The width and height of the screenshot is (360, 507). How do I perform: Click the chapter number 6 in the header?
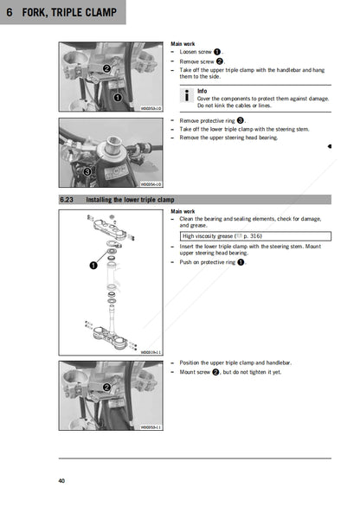click(10, 13)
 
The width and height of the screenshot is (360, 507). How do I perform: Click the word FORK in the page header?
click(39, 13)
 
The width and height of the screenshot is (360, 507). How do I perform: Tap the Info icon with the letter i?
click(188, 94)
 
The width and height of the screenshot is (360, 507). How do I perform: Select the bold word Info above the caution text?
click(202, 90)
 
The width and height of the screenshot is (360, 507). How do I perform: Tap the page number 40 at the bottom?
click(61, 480)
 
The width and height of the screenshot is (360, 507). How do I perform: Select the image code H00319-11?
click(151, 352)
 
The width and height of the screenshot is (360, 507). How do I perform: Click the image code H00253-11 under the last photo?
click(151, 427)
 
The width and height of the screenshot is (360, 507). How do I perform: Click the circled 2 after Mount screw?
click(215, 372)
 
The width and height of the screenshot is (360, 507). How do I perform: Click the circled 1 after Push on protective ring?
click(241, 261)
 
